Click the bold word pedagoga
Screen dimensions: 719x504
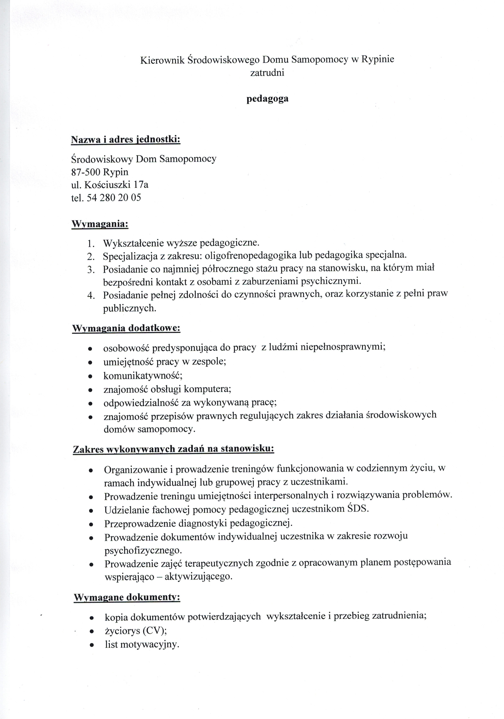coord(267,99)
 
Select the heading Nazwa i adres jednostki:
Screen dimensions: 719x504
coord(126,139)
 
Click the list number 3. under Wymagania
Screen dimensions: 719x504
coord(91,269)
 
